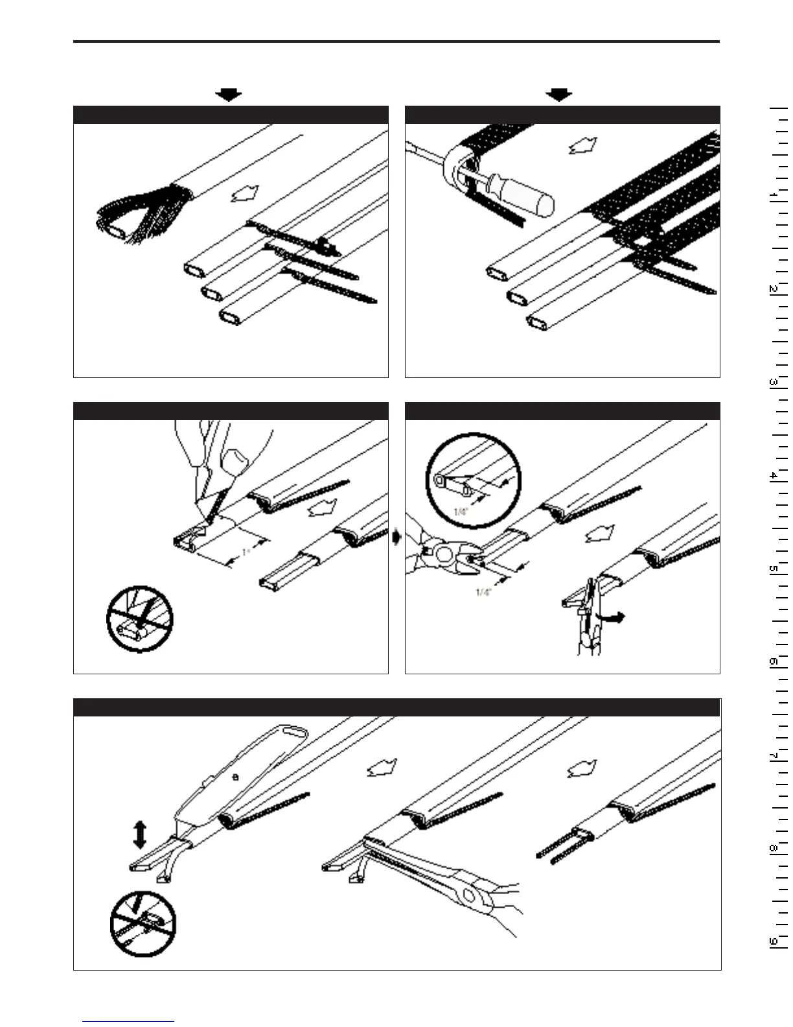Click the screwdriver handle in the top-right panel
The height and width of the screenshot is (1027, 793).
(523, 193)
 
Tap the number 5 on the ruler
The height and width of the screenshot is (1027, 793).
(773, 569)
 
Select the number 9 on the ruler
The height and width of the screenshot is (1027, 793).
(773, 941)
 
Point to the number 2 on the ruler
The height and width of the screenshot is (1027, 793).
(773, 289)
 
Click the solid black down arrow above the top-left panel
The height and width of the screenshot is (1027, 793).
(228, 95)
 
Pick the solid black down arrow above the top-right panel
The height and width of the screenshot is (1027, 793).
(558, 95)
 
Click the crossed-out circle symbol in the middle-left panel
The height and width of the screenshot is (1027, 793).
(139, 619)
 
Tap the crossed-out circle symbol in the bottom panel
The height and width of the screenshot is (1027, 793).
(143, 923)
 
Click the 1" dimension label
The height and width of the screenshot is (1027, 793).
(246, 552)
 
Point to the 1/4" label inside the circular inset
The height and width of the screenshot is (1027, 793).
(461, 512)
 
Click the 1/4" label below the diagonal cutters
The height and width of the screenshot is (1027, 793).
(483, 592)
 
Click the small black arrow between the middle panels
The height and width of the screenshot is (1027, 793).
(397, 537)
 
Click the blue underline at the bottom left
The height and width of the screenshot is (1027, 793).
(128, 1021)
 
